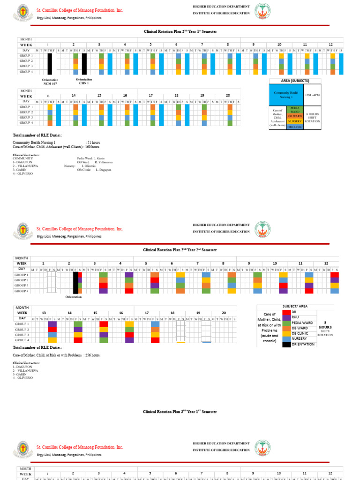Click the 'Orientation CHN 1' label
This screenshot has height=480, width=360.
tap(84, 81)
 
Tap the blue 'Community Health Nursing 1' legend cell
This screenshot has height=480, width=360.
tap(285, 94)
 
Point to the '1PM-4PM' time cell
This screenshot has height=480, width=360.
tap(313, 95)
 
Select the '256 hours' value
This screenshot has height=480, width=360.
tap(91, 355)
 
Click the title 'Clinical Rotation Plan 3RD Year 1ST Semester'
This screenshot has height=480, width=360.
tap(180, 412)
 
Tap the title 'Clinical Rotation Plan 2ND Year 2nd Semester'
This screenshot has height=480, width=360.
tap(180, 250)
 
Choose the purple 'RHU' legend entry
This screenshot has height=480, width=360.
tap(287, 317)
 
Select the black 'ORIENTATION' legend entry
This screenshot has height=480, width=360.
tap(287, 344)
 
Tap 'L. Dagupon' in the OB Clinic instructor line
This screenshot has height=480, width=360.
tap(104, 170)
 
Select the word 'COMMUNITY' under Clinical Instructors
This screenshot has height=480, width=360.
tap(22, 158)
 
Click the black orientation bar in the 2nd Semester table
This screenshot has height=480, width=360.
tap(75, 283)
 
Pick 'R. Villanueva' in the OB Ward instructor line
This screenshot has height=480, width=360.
tap(105, 162)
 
